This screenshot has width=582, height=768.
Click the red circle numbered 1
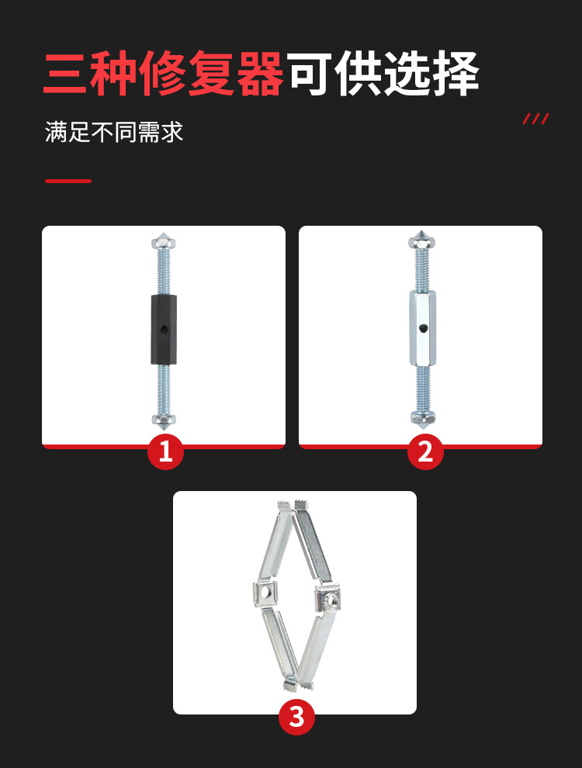(x=165, y=451)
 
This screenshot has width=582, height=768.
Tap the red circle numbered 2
(x=425, y=451)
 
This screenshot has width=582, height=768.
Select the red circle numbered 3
(x=296, y=717)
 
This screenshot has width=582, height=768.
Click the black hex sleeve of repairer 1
(x=164, y=329)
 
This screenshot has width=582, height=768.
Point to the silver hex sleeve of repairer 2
(x=421, y=329)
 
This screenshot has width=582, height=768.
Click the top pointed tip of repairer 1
(x=164, y=235)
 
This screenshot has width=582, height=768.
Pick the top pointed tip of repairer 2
(x=420, y=236)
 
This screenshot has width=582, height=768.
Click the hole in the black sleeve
(x=164, y=329)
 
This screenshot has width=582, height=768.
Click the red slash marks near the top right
(x=535, y=119)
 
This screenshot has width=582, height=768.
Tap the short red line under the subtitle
(x=68, y=181)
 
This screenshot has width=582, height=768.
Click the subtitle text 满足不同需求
(x=114, y=132)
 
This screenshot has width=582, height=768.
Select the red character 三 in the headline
(x=67, y=76)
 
